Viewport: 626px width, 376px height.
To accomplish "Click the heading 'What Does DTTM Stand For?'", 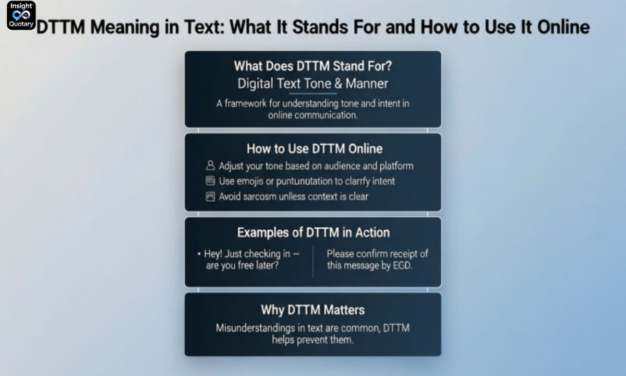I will coord(312,66).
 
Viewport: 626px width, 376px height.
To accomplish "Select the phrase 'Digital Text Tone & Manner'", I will coord(312,84).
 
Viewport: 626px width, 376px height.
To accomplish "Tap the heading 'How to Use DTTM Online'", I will coord(315,149).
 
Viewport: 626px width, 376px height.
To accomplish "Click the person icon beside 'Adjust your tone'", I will coord(210,166).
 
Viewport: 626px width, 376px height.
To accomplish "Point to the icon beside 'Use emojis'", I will coord(210,181).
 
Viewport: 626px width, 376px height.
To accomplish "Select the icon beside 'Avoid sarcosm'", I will coord(210,197).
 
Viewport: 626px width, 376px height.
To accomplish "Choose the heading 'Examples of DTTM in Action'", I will coord(313,232).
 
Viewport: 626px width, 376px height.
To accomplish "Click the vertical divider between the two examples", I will coord(313,261).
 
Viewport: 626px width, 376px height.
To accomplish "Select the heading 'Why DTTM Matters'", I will coord(312,310).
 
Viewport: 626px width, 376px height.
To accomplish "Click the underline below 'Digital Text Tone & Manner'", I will coord(312,93).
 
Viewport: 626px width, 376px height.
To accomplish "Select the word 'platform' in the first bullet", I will coord(396,166).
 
